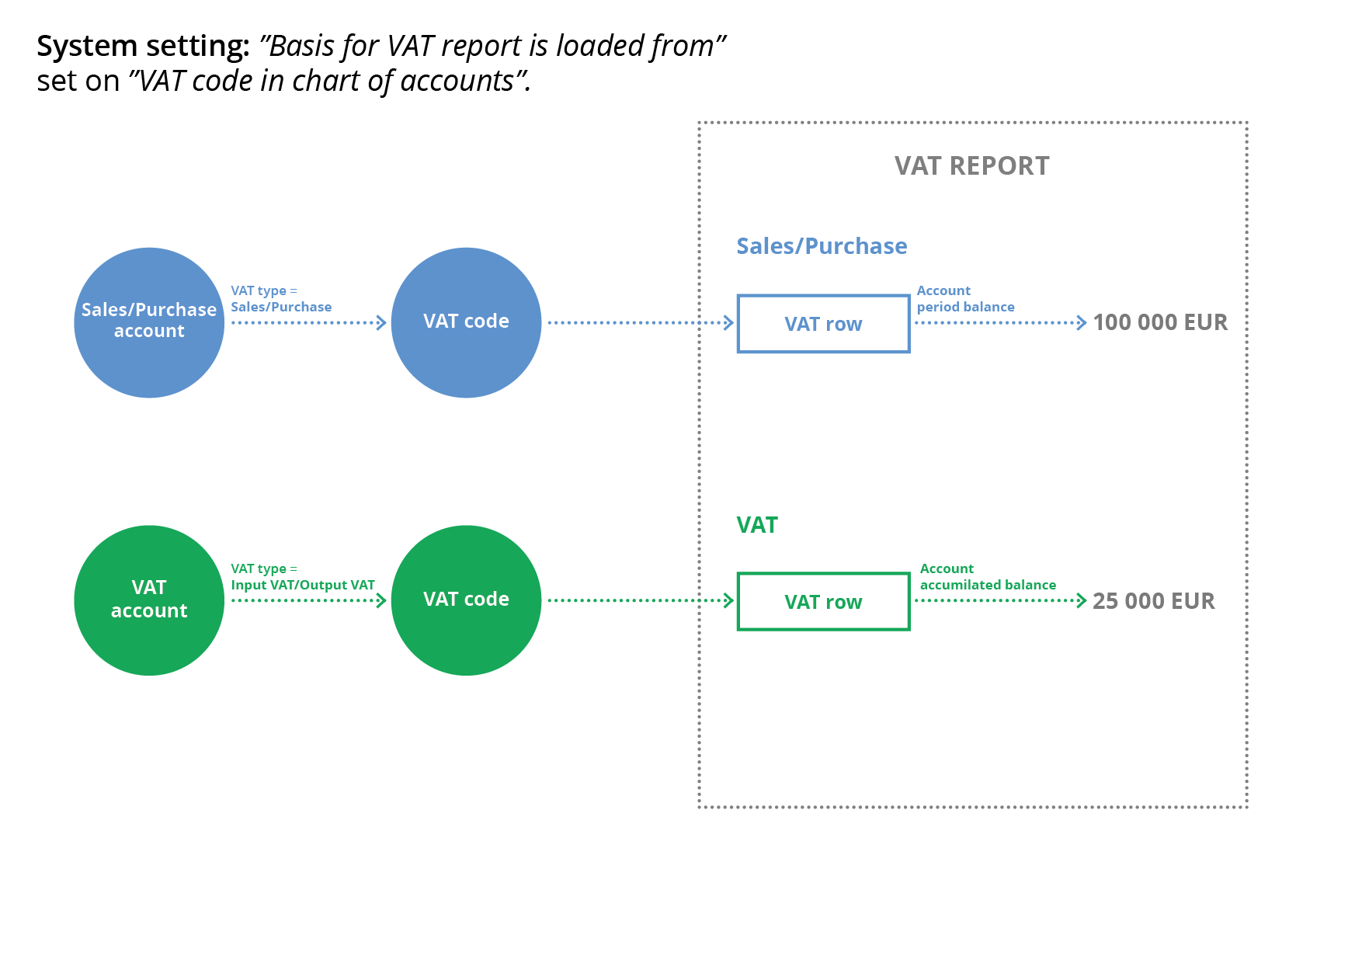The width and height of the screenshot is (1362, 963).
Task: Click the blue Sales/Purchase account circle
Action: click(x=149, y=322)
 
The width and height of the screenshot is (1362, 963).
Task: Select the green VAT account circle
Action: click(x=149, y=600)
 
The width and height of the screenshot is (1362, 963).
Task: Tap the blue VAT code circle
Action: click(x=466, y=322)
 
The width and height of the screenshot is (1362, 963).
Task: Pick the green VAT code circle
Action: click(x=466, y=600)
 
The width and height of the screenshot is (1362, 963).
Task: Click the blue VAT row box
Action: click(x=823, y=324)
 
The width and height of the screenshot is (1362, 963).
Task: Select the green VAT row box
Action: click(x=823, y=602)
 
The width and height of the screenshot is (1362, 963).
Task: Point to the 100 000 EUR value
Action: click(x=1160, y=322)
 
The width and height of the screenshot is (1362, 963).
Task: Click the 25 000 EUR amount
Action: click(x=1153, y=601)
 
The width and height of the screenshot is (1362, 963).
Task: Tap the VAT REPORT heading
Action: click(x=971, y=166)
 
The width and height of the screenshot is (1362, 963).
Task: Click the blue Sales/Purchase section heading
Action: click(x=822, y=246)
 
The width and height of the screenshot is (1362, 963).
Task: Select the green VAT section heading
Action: click(x=757, y=525)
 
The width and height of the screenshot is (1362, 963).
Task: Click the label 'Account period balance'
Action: click(x=965, y=299)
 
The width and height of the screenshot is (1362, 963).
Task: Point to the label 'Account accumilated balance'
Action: click(x=988, y=577)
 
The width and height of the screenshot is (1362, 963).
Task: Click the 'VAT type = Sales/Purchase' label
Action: click(x=281, y=299)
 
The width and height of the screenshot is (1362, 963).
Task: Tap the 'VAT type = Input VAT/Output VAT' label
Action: click(x=302, y=577)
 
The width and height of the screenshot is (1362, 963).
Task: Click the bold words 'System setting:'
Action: click(x=143, y=47)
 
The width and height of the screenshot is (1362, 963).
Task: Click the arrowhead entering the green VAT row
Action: click(x=728, y=600)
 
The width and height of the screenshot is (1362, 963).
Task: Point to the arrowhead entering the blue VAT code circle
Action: click(x=381, y=323)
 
